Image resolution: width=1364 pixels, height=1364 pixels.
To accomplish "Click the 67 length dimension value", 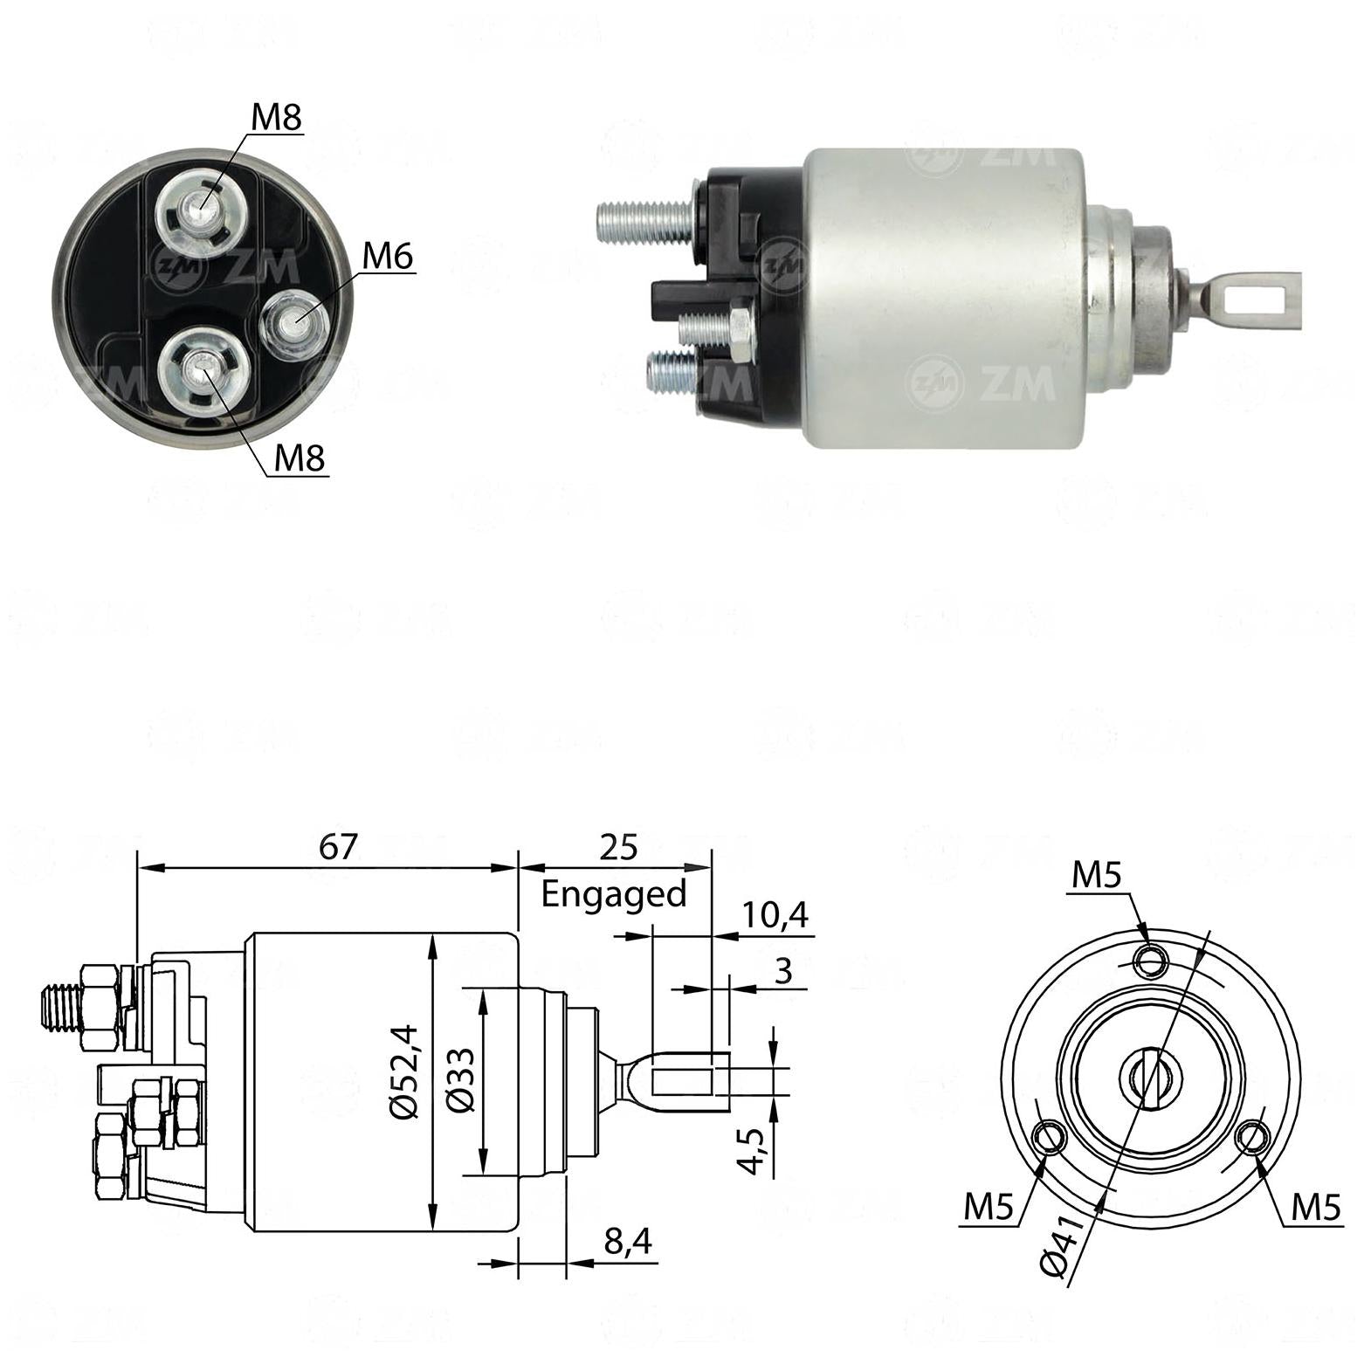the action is [x=338, y=846].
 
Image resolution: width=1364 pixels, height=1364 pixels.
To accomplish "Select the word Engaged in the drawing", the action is [x=614, y=895].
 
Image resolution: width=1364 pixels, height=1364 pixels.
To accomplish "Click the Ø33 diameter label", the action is [x=460, y=1079].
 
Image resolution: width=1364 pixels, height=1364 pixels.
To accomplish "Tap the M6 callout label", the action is [x=387, y=256].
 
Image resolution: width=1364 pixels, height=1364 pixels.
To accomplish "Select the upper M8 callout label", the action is [x=277, y=117].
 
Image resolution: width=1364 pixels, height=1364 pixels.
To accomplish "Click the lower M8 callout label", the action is [x=300, y=457].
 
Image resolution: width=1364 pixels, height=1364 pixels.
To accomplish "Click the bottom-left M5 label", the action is [x=989, y=1207].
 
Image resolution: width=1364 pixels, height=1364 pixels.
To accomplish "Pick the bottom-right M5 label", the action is [x=1315, y=1207].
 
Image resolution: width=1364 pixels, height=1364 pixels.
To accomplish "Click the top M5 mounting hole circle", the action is [x=1150, y=961].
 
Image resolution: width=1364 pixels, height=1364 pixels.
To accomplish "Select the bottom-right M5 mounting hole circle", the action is [x=1253, y=1137].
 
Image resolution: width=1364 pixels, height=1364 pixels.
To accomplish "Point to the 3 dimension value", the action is [x=783, y=970].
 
